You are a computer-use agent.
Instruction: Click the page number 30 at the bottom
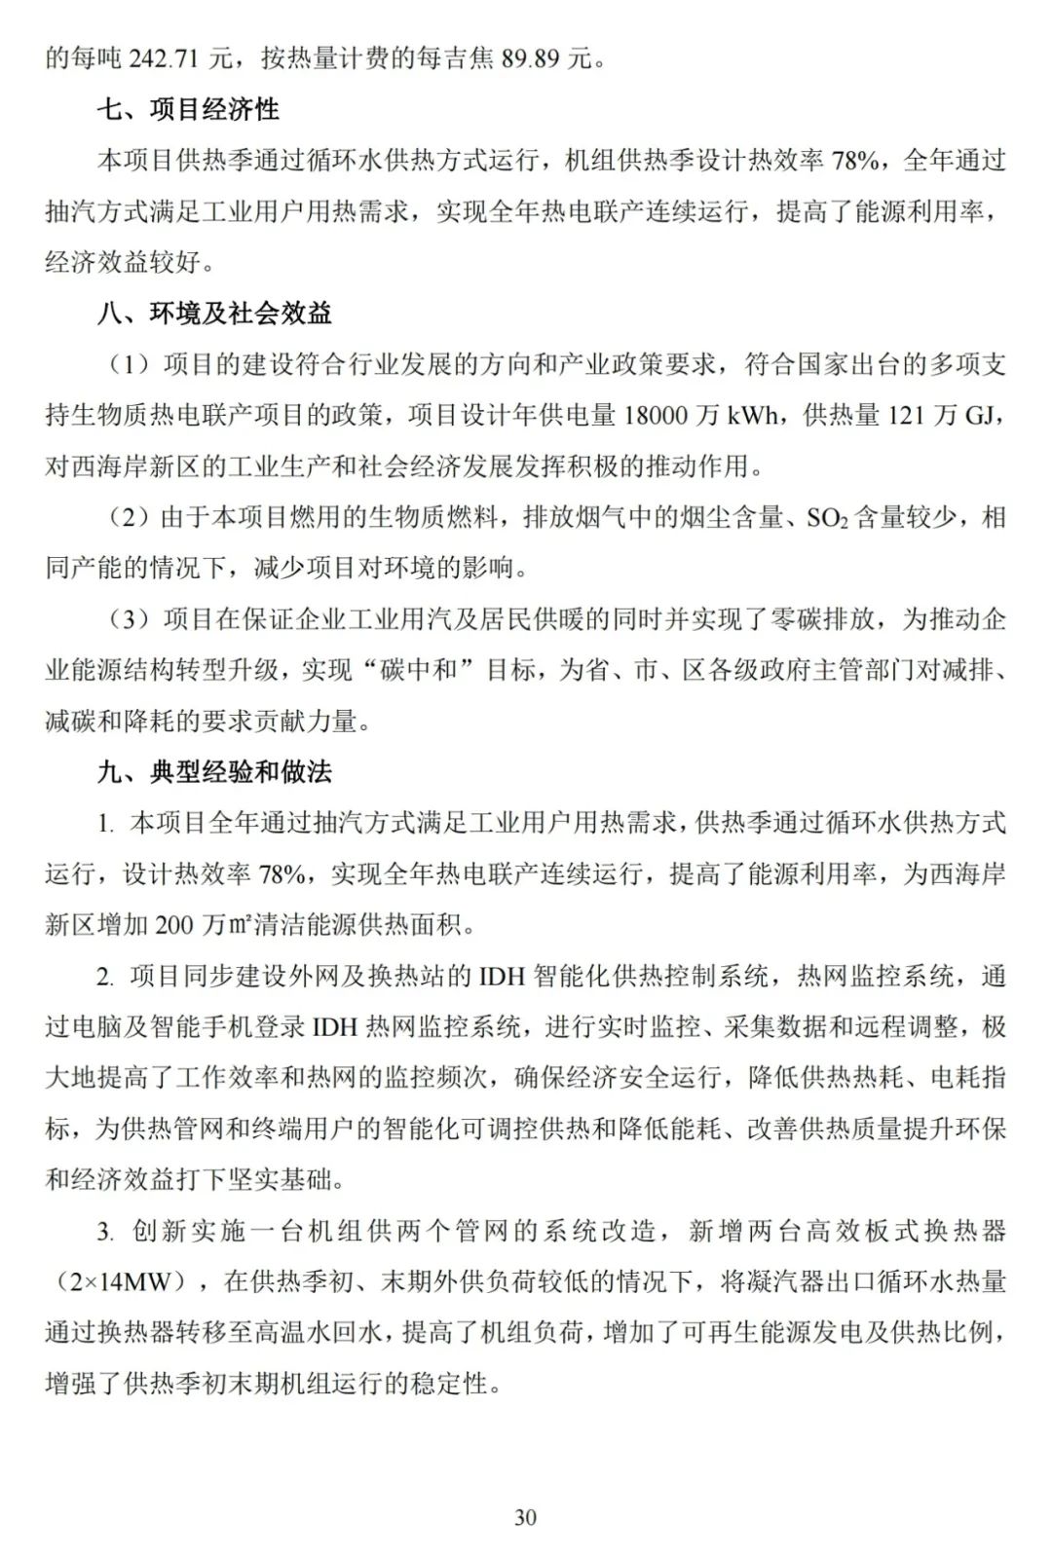525,1517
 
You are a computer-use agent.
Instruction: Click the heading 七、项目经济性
188,109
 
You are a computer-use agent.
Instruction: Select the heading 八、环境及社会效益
214,313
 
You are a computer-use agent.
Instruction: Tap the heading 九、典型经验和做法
214,772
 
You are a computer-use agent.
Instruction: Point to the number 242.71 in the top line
161,58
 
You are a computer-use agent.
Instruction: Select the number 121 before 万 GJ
908,416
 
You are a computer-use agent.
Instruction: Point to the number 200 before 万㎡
174,925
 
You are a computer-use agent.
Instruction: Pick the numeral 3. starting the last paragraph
105,1232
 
